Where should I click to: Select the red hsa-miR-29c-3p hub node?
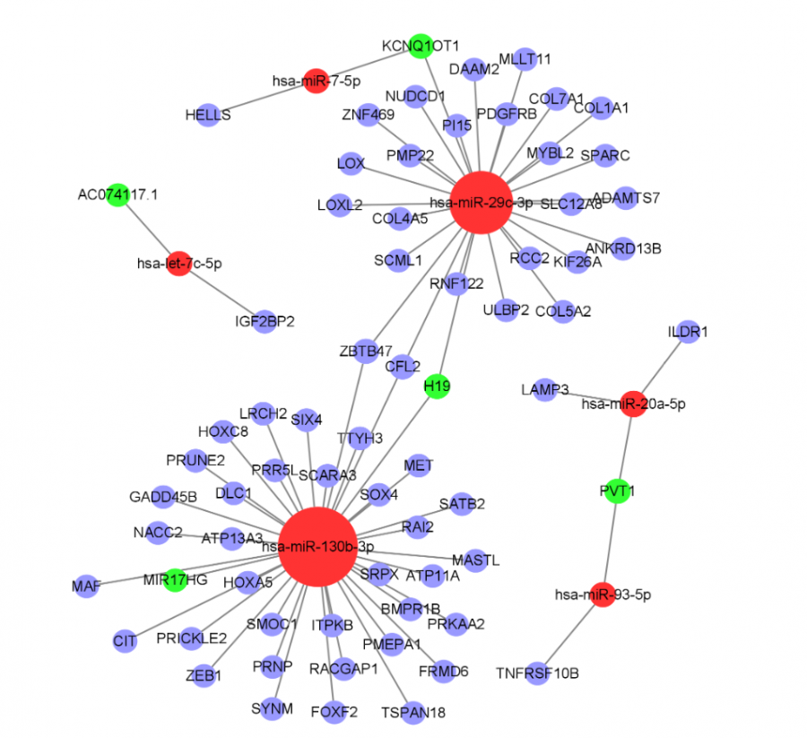pyautogui.click(x=484, y=203)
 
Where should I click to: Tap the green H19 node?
pyautogui.click(x=437, y=386)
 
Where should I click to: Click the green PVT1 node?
pyautogui.click(x=616, y=491)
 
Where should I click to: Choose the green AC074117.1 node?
pyautogui.click(x=117, y=195)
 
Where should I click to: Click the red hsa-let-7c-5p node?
pyautogui.click(x=179, y=264)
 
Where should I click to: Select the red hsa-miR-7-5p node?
pyautogui.click(x=315, y=81)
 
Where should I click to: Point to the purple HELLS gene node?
pyautogui.click(x=208, y=115)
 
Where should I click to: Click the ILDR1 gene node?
pyautogui.click(x=688, y=333)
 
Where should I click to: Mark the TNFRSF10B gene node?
pyautogui.click(x=537, y=673)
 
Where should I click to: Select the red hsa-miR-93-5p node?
pyautogui.click(x=603, y=595)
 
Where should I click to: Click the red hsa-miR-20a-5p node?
pyautogui.click(x=633, y=404)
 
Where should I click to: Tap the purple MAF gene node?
pyautogui.click(x=87, y=586)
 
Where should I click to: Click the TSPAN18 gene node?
pyautogui.click(x=412, y=712)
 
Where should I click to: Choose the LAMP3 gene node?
pyautogui.click(x=545, y=389)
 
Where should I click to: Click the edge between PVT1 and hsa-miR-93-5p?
pyautogui.click(x=610, y=542)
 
